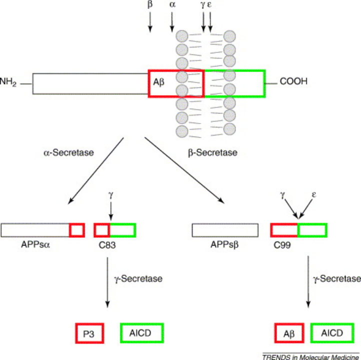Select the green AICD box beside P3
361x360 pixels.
pyautogui.click(x=142, y=332)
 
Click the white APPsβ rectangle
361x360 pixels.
pyautogui.click(x=225, y=230)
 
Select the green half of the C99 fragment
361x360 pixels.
pyautogui.click(x=312, y=230)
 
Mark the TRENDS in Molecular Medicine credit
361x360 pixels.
pyautogui.click(x=311, y=355)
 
